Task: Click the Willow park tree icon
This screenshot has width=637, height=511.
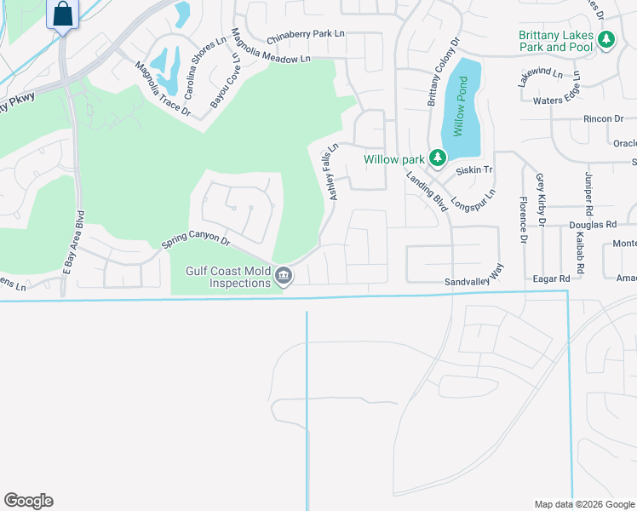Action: pos(437,158)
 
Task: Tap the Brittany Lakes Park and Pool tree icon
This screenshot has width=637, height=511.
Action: pos(606,39)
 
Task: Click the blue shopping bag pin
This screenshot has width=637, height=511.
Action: pos(62,14)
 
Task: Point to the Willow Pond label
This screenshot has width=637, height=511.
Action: pos(461,106)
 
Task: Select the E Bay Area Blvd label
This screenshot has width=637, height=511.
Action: pos(75,242)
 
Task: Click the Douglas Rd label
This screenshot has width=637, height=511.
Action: pos(593,225)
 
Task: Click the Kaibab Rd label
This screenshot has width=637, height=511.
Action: pos(581,255)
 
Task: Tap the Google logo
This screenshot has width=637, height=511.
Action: pos(28,501)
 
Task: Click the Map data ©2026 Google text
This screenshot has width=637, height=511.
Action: pos(583,504)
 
